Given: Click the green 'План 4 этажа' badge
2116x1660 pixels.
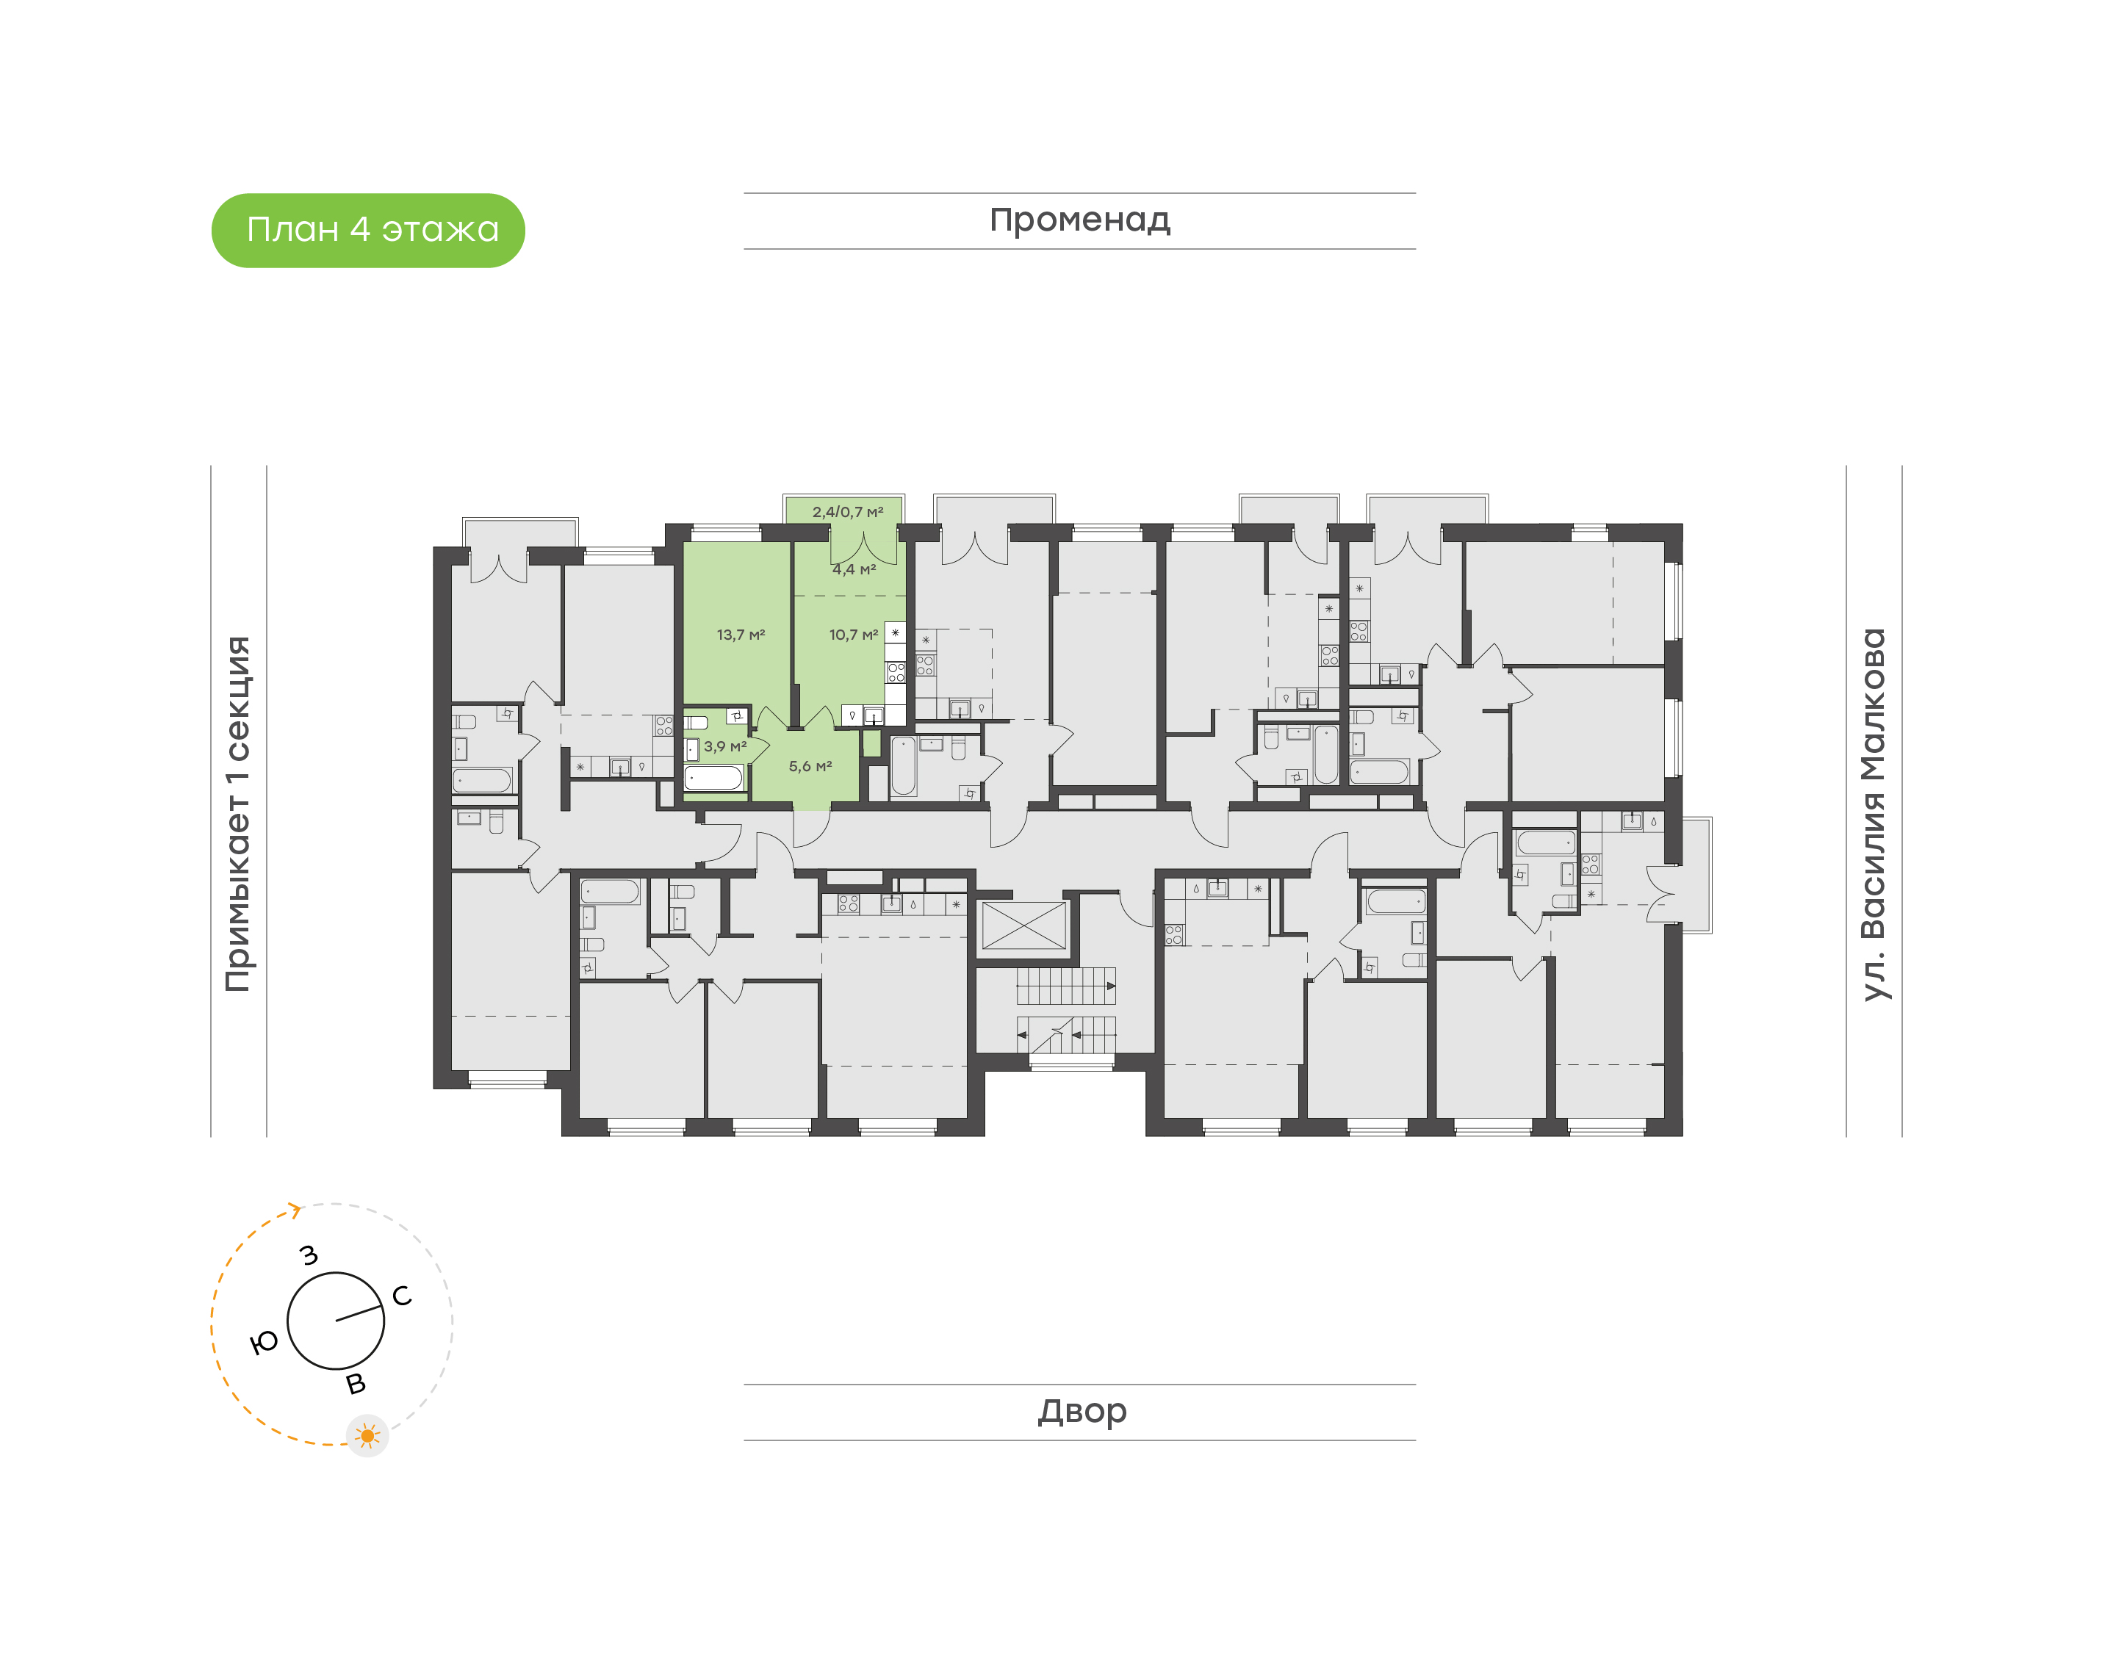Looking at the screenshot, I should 367,231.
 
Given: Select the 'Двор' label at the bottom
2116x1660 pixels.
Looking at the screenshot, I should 1082,1410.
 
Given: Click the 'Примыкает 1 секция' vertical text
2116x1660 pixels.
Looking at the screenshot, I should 238,814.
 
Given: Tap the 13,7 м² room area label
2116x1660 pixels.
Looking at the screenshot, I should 741,635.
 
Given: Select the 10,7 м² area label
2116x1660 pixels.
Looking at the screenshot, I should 852,635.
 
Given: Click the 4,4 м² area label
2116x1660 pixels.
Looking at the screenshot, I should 854,569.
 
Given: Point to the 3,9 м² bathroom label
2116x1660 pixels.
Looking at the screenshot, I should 725,746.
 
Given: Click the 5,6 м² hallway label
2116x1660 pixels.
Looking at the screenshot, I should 810,766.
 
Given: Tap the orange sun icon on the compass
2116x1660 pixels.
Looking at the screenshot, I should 367,1435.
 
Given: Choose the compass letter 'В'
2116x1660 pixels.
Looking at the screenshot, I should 356,1384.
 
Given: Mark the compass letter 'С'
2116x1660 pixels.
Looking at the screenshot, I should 401,1296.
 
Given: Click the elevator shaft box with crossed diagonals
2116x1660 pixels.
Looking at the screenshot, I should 1023,925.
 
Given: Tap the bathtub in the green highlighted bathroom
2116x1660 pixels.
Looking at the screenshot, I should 713,778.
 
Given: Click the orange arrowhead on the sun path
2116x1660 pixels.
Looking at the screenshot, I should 295,1210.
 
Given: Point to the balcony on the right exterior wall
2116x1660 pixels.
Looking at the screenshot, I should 1695,875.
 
